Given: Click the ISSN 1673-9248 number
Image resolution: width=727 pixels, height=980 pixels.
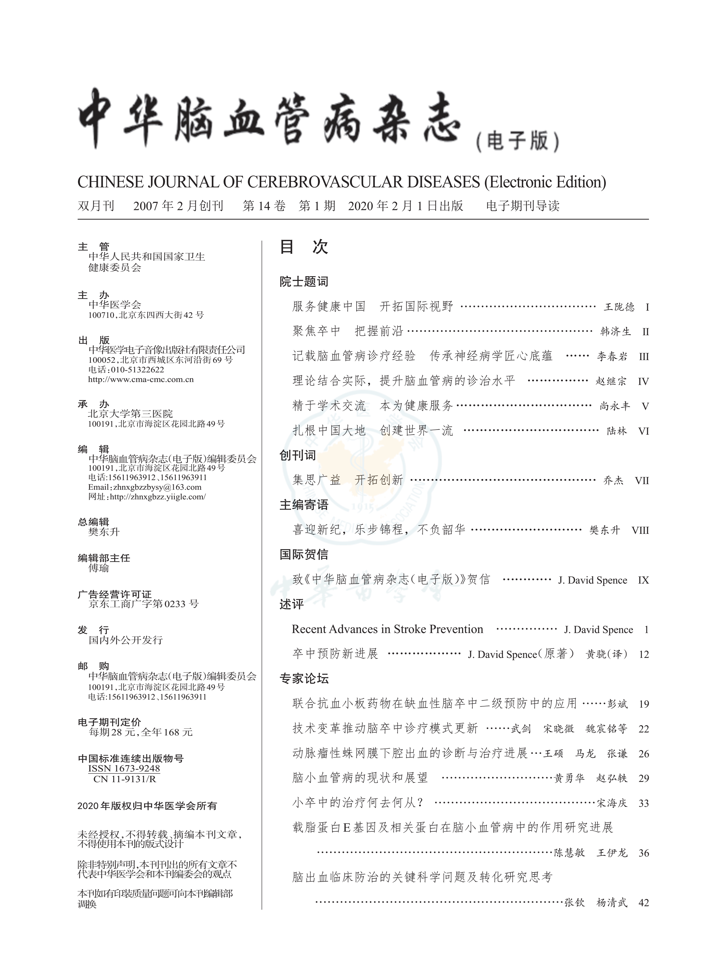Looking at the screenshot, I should click(x=124, y=768).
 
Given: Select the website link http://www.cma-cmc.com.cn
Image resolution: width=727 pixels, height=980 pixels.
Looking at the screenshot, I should click(x=141, y=380).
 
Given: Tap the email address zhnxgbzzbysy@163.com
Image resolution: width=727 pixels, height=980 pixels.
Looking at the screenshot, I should click(x=157, y=487).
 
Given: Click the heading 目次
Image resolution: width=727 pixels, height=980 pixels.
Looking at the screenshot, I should click(x=304, y=247).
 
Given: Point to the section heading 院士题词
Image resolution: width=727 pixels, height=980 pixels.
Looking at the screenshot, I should click(x=304, y=282).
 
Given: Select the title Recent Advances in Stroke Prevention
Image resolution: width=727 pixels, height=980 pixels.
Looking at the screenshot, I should click(x=387, y=629).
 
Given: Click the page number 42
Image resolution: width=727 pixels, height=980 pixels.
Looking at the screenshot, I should click(x=643, y=903).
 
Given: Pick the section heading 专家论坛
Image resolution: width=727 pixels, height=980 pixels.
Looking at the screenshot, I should click(x=304, y=678).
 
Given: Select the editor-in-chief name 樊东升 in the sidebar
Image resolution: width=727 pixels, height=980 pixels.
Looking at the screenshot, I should click(x=104, y=532).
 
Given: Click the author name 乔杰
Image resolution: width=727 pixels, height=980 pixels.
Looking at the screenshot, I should click(x=613, y=480).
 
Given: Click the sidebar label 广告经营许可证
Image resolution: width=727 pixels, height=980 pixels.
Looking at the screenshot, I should click(x=114, y=594).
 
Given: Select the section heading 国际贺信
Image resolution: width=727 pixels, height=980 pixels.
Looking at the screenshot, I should click(x=304, y=554).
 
